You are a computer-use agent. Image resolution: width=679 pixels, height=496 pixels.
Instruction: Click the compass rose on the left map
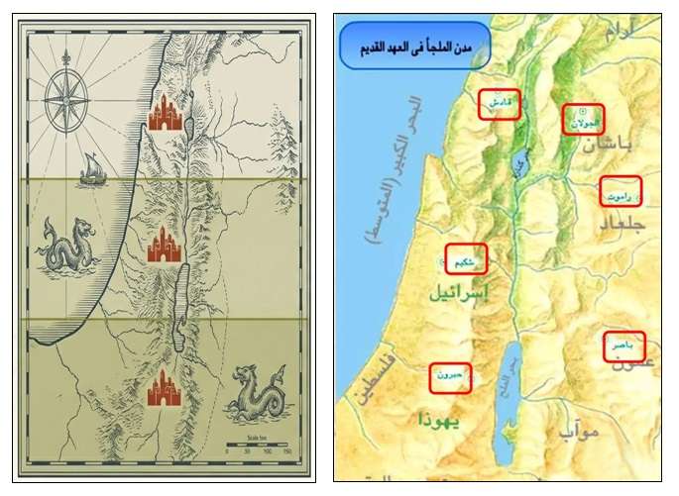pyautogui.click(x=66, y=93)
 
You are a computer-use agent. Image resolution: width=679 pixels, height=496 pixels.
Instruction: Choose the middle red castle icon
pyautogui.click(x=166, y=245)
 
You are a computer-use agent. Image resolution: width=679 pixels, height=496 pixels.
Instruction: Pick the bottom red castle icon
pyautogui.click(x=166, y=389)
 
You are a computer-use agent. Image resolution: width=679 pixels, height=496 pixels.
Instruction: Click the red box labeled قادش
pyautogui.click(x=499, y=104)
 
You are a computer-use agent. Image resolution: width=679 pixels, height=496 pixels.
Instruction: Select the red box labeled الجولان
pyautogui.click(x=581, y=119)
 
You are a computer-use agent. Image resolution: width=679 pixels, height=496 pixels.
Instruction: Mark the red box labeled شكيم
pyautogui.click(x=466, y=258)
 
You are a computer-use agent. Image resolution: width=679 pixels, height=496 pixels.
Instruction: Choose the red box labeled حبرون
pyautogui.click(x=450, y=377)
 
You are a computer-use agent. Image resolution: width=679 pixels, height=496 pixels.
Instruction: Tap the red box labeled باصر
pyautogui.click(x=623, y=347)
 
